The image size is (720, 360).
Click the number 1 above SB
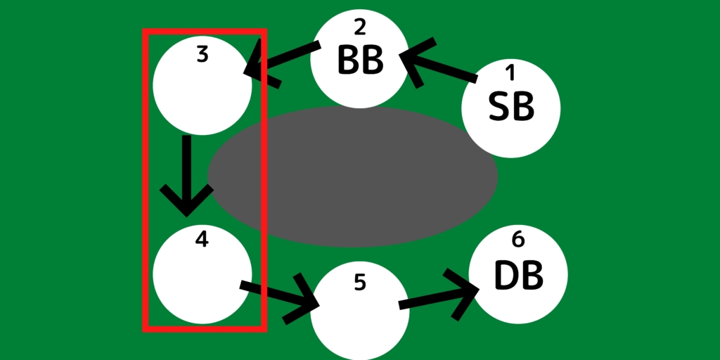510,72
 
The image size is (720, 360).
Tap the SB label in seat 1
511,107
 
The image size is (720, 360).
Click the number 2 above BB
360,27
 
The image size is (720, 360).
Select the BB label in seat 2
360,60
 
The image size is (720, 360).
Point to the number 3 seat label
202,54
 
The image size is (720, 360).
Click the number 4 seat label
202,239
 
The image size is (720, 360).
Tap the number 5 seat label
360,283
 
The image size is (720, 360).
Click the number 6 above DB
518,240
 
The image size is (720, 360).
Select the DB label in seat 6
518,276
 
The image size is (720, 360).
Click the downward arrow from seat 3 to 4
186,176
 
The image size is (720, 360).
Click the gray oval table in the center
353,176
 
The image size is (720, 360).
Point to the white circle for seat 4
202,274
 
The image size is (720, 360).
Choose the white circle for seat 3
202,85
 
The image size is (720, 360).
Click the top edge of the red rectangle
205,31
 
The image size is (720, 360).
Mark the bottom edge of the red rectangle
205,329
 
